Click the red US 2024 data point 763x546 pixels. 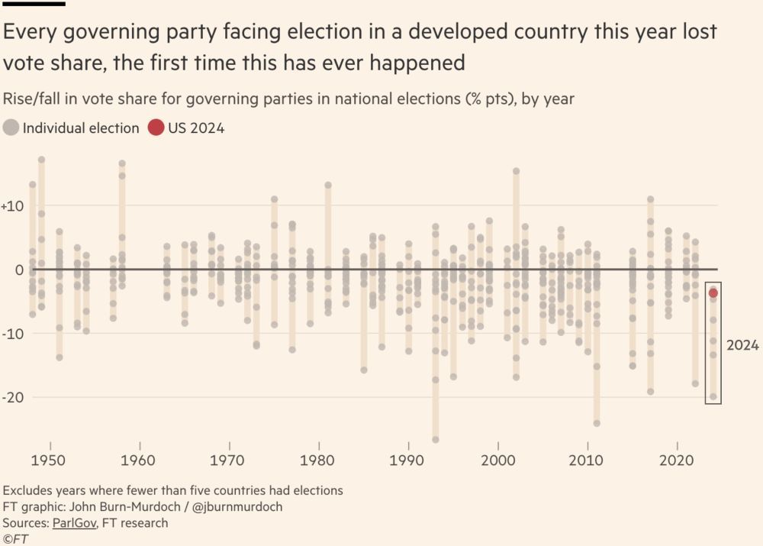(x=713, y=293)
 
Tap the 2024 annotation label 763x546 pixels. (x=742, y=345)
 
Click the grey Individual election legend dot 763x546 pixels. (x=11, y=128)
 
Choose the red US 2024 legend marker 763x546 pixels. (x=156, y=128)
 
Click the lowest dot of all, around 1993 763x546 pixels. (x=436, y=440)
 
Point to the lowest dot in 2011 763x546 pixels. (x=597, y=423)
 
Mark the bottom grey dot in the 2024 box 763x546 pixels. (x=713, y=396)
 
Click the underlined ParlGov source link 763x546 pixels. (x=74, y=523)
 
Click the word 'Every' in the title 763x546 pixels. (x=30, y=33)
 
